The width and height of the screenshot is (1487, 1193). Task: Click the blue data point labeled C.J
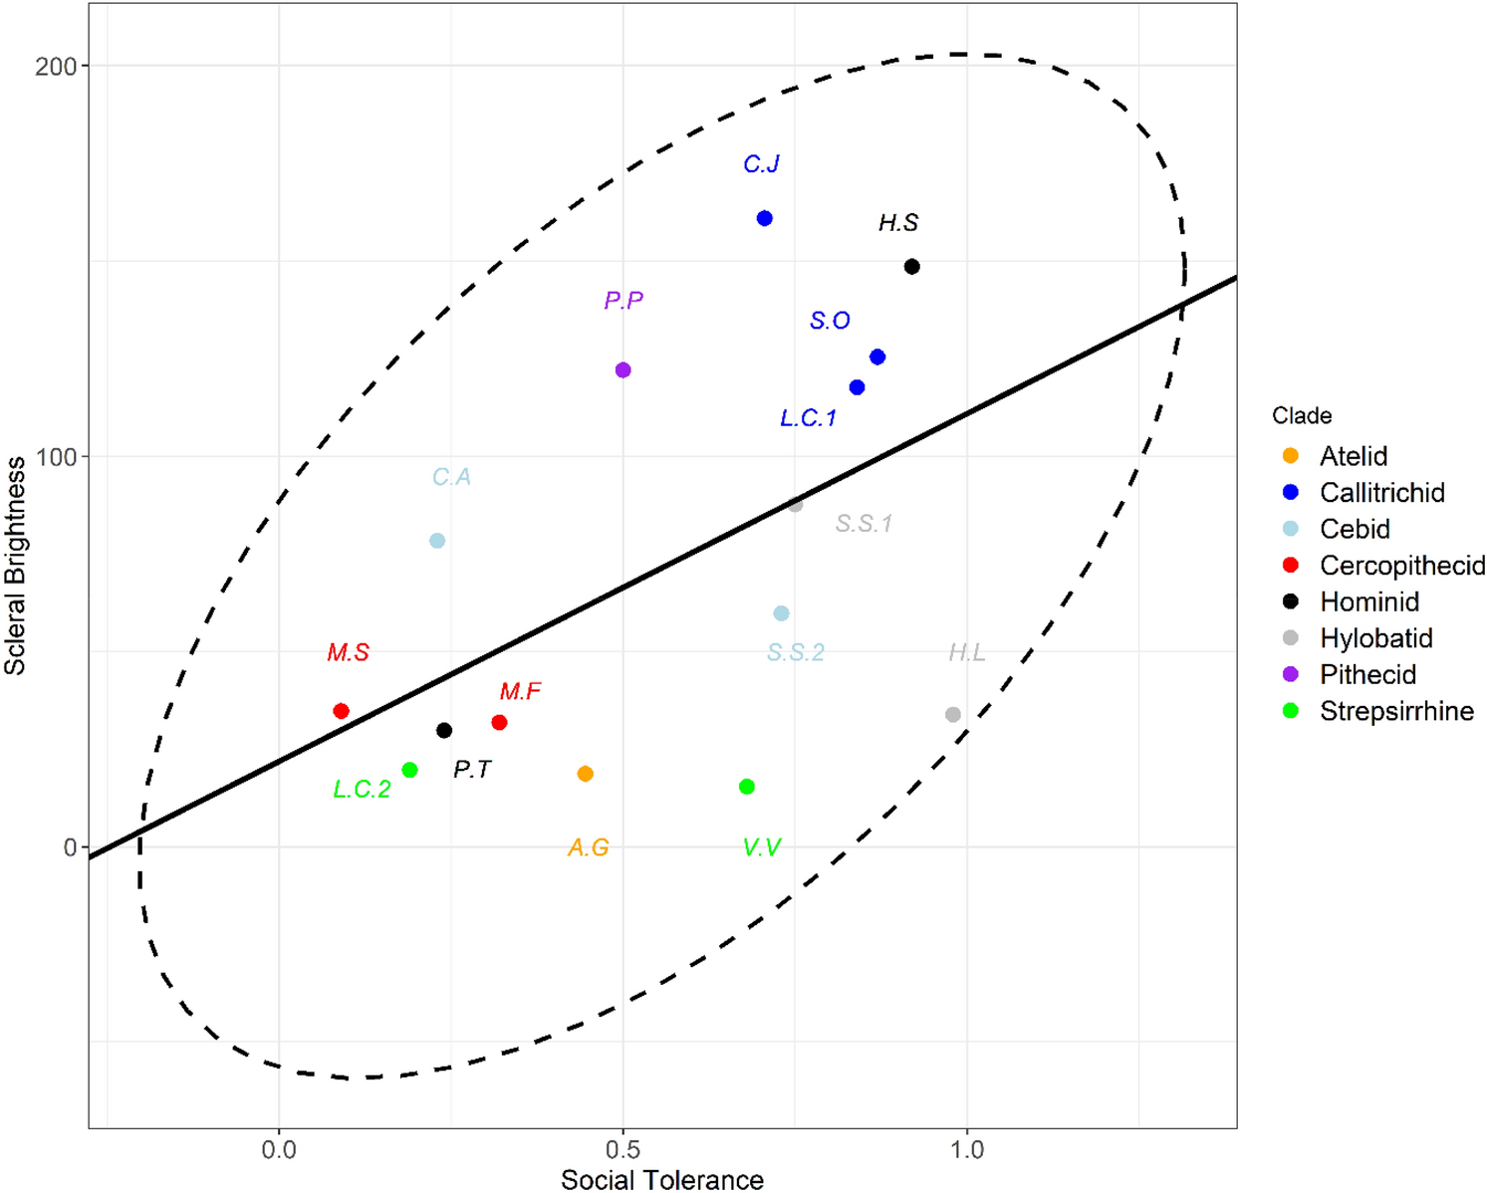[x=764, y=218]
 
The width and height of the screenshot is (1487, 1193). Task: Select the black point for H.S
[x=911, y=266]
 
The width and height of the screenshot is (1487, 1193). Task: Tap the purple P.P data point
[x=622, y=370]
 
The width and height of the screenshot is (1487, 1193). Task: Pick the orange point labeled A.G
[x=585, y=774]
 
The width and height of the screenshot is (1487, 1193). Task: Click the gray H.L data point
[x=952, y=714]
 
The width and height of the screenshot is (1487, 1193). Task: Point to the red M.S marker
[x=341, y=711]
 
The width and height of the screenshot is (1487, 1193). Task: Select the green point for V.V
[x=746, y=787]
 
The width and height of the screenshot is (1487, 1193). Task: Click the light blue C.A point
[x=436, y=541]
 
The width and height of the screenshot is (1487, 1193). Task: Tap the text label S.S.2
[x=795, y=653]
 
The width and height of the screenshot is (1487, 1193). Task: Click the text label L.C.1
[x=808, y=418]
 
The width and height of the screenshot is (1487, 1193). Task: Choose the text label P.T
[x=471, y=770]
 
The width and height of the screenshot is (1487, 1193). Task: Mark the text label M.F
[x=520, y=691]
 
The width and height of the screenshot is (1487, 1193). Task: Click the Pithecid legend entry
[x=1367, y=675]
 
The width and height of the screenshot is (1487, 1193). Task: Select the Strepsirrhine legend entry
[x=1395, y=712]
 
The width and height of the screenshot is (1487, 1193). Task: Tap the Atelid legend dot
[x=1291, y=456]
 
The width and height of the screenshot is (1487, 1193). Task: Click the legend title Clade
[x=1301, y=416]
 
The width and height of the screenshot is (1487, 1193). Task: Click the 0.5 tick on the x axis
[x=622, y=1149]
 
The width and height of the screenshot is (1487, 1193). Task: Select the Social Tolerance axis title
[x=661, y=1179]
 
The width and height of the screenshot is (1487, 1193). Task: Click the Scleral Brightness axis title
[x=15, y=565]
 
